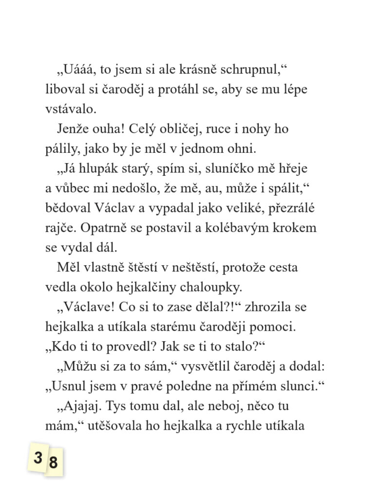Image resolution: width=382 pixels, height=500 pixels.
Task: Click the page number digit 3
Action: (38, 458)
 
